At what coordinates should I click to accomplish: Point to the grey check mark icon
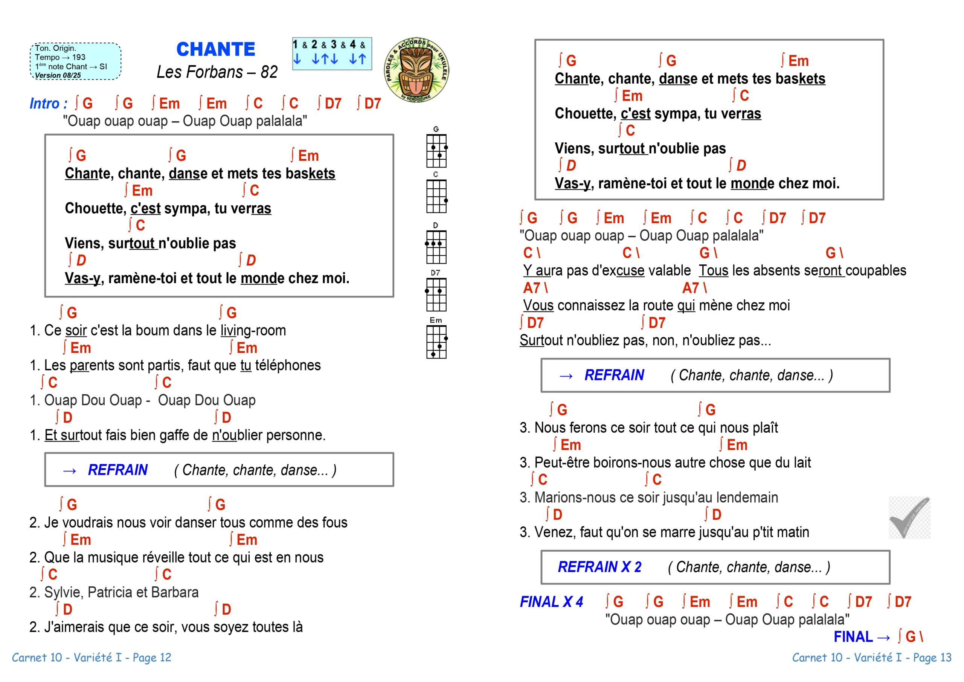(x=909, y=518)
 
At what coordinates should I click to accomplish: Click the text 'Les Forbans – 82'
(x=217, y=72)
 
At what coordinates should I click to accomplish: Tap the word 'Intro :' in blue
(x=48, y=103)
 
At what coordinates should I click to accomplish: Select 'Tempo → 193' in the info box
(x=60, y=57)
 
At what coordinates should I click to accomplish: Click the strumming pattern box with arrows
(x=332, y=53)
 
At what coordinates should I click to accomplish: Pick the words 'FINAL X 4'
(x=551, y=602)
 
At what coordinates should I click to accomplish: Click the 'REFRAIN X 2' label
(x=599, y=567)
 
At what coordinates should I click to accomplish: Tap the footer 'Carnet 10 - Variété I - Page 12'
(x=92, y=657)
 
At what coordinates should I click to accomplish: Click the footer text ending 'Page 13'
(x=871, y=657)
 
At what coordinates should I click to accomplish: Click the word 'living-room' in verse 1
(x=253, y=331)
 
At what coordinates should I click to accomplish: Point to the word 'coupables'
(x=876, y=270)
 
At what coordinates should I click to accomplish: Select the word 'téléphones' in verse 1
(x=288, y=365)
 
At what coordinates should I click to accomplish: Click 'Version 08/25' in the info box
(x=58, y=76)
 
